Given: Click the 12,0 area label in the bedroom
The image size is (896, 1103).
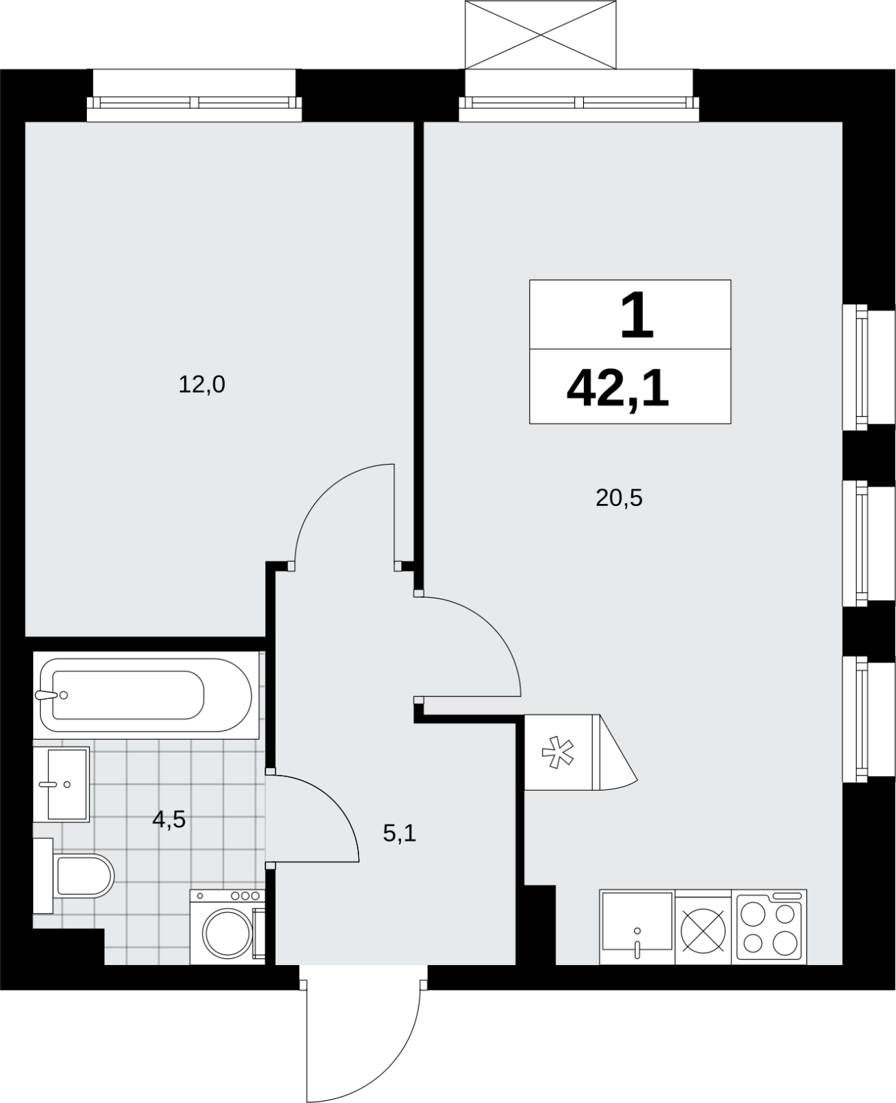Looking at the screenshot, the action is pos(201,385).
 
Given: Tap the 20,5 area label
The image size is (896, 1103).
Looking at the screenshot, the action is pos(619,498).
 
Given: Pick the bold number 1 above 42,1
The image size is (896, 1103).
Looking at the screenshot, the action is pos(637,315).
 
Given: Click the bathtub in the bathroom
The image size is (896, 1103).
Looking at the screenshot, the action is pos(145,695).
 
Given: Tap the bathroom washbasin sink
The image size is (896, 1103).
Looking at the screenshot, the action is pos(61,785).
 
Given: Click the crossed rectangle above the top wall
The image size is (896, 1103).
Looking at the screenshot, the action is pos(540,34).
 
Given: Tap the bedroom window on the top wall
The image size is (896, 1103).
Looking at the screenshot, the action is pos(194,103).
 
